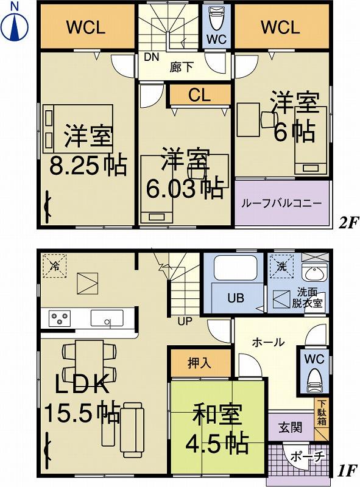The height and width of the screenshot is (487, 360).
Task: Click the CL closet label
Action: click(200, 95)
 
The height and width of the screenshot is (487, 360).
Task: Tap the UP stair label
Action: click(185, 321)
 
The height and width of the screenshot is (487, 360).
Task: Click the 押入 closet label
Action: click(199, 363)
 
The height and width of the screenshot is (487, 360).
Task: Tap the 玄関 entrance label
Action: click(291, 427)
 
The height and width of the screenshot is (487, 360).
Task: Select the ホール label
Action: click(269, 343)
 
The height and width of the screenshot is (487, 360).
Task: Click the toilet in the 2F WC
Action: click(216, 21)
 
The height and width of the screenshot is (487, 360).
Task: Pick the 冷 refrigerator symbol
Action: click(54, 265)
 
